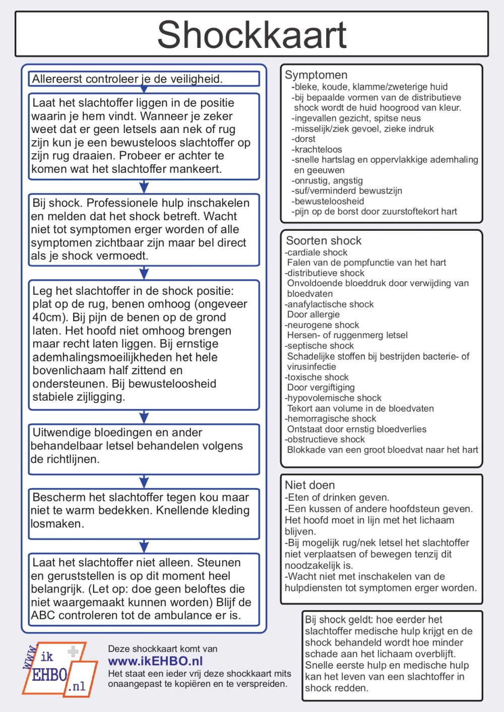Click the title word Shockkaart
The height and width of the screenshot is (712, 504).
251,35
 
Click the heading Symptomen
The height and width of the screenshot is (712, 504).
316,75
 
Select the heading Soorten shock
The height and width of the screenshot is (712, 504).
324,240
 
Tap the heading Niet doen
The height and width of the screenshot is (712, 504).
309,485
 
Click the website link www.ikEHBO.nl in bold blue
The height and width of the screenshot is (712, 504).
155,661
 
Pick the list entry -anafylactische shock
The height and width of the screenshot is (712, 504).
329,304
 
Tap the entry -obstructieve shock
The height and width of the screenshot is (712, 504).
325,439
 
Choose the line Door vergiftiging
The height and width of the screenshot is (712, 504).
321,387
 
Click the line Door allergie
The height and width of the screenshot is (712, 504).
313,314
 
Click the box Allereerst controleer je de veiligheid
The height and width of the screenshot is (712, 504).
144,79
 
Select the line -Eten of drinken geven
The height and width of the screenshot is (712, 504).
337,497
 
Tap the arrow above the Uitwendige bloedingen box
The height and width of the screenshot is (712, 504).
144,417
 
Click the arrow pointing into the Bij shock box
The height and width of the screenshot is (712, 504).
144,187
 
